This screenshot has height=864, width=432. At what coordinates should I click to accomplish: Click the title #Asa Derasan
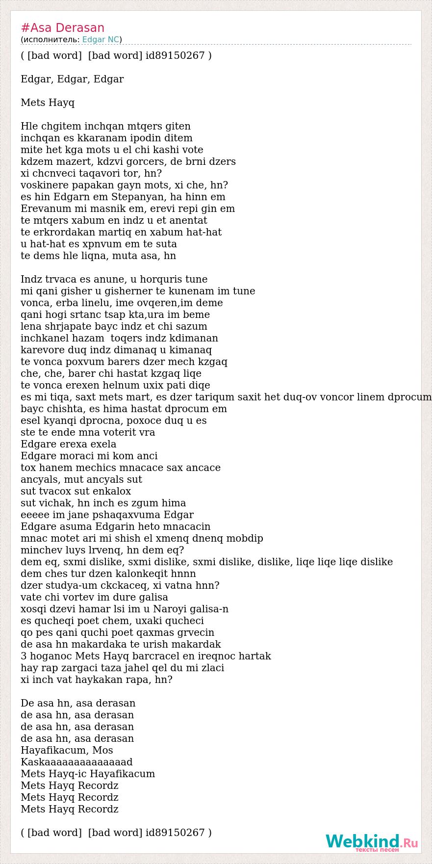tap(62, 28)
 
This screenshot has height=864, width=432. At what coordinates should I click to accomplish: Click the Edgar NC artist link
tap(101, 40)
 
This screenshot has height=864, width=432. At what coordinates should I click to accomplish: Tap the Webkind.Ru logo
tap(372, 842)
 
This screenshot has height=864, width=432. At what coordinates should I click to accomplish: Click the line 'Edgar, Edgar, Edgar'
tap(72, 79)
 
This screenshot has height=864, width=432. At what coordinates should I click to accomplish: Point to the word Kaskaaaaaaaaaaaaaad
tap(76, 762)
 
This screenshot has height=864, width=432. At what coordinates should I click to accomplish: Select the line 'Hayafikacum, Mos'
tap(67, 751)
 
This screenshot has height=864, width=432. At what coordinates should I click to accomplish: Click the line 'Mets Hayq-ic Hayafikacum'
tap(88, 774)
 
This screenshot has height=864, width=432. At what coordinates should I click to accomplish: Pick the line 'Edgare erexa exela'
tap(69, 445)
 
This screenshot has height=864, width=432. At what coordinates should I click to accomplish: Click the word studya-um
tap(70, 586)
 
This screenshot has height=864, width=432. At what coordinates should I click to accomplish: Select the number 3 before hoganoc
tap(24, 656)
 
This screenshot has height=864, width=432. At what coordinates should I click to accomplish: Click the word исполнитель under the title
tap(50, 40)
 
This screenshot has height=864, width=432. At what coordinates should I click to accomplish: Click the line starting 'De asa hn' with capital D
tap(78, 704)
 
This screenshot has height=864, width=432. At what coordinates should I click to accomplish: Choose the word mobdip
tap(244, 539)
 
